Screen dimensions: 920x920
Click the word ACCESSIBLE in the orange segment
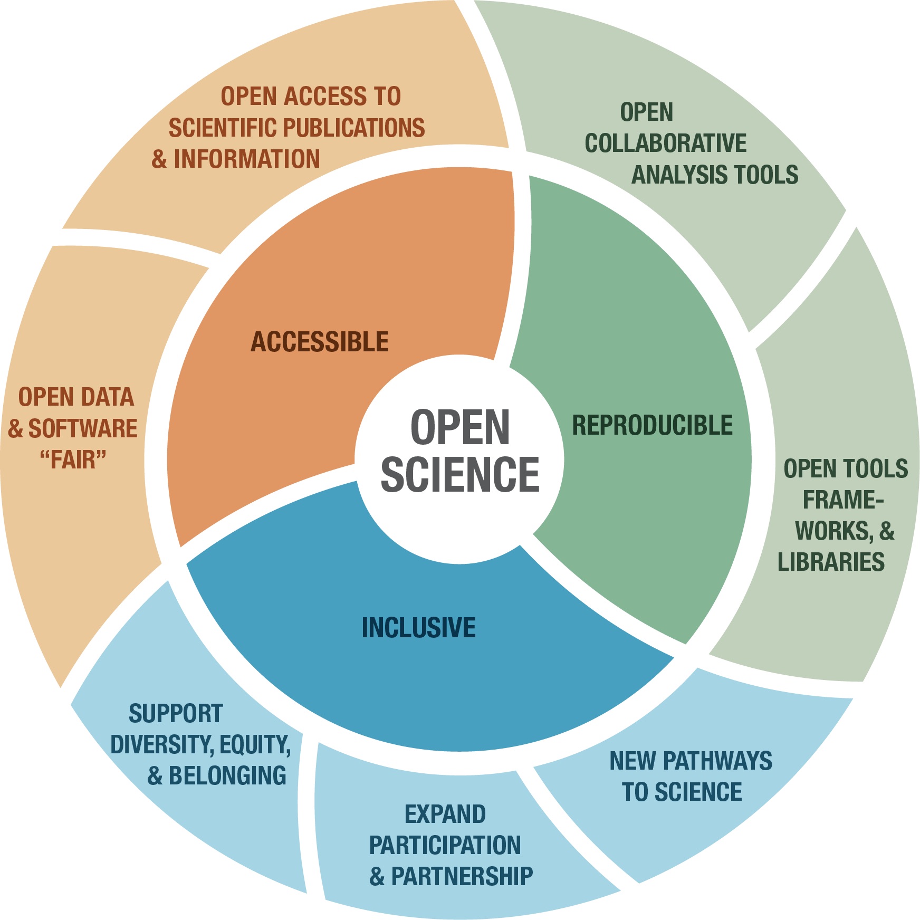point(319,342)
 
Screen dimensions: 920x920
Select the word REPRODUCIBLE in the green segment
point(653,425)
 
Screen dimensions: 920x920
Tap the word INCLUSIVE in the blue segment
point(418,628)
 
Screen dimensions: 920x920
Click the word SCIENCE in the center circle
point(460,474)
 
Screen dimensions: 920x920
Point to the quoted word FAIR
point(73,459)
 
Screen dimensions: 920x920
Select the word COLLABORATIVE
point(666,143)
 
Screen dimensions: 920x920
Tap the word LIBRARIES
point(831,562)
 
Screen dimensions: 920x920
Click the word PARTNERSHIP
point(462,876)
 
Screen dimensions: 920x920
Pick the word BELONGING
point(227,776)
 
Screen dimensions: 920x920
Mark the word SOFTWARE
point(82,428)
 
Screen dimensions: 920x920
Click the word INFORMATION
point(246,159)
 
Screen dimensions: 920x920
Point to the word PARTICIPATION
point(445,845)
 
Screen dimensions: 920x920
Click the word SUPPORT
point(176,714)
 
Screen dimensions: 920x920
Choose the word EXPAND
point(445,814)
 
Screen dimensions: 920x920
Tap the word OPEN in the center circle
point(460,428)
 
